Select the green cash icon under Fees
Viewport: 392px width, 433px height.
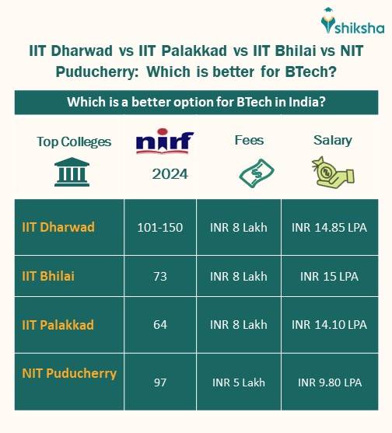[x=250, y=172]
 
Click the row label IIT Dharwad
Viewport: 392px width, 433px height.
[x=58, y=227]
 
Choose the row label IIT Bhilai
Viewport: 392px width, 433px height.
[x=49, y=275]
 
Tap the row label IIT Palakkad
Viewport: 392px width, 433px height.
[x=59, y=324]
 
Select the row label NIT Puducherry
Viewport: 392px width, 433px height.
[x=69, y=373]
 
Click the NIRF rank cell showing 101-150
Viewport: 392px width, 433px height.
[x=160, y=228]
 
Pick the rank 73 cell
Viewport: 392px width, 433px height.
[x=160, y=276]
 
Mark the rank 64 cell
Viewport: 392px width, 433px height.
[x=160, y=324]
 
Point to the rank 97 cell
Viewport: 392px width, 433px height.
[x=160, y=382]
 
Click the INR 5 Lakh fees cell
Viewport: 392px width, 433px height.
[x=239, y=382]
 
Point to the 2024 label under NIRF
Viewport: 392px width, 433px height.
[x=170, y=174]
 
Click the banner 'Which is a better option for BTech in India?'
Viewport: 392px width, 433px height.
[x=196, y=103]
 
